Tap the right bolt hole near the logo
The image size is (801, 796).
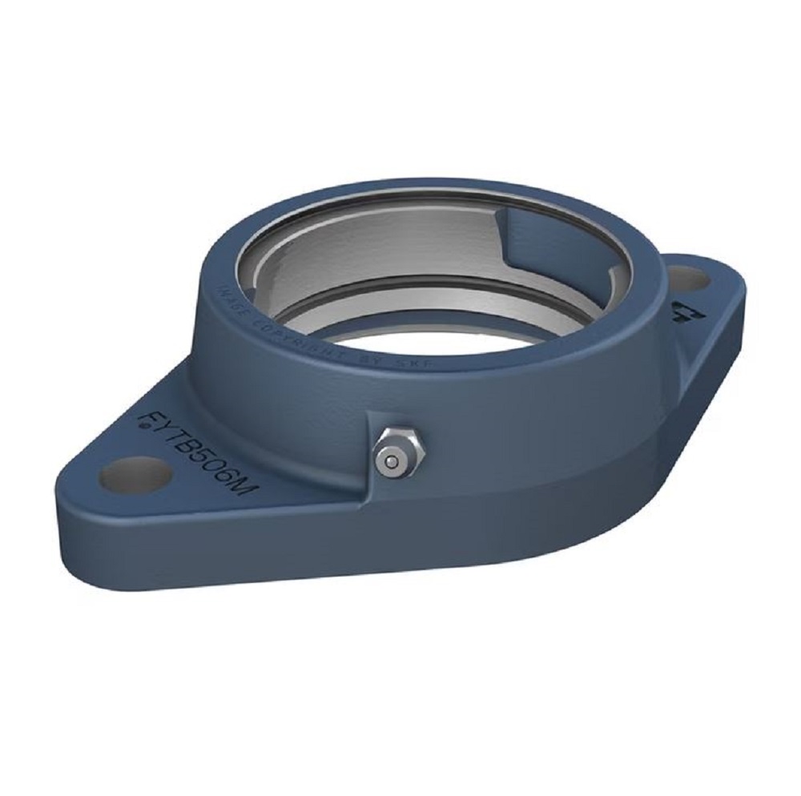tap(687, 279)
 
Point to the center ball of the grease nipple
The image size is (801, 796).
tap(390, 461)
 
